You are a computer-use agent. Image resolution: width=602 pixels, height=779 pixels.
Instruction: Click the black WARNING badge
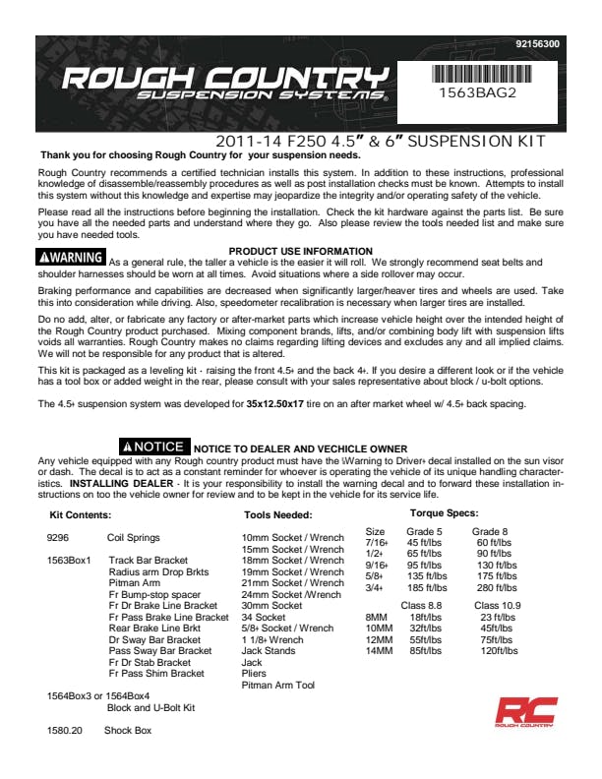(70, 258)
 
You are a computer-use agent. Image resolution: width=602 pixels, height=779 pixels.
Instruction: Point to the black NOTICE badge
(151, 447)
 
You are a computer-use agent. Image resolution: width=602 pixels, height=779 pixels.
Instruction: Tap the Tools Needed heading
(277, 514)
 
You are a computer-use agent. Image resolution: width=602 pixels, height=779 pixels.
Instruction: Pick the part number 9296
(57, 538)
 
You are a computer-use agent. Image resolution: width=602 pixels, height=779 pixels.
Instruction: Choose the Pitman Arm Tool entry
(277, 686)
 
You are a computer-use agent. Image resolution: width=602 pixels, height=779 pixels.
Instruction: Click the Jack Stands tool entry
(269, 651)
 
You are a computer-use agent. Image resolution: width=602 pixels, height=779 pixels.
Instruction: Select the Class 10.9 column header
(497, 605)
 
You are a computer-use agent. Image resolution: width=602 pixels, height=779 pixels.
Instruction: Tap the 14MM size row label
(379, 651)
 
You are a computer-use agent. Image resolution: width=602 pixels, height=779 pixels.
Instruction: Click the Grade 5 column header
(424, 531)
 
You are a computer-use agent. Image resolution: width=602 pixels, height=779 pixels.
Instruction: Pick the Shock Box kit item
(128, 731)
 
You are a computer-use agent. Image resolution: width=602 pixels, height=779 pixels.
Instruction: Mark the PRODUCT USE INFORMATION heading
(300, 252)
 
